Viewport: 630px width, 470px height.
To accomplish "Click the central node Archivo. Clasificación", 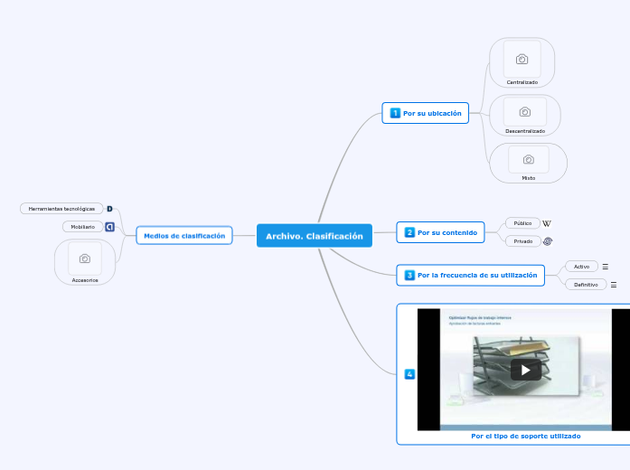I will [314, 236].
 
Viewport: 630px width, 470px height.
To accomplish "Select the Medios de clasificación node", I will [184, 236].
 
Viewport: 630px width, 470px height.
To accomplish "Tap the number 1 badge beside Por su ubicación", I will [395, 114].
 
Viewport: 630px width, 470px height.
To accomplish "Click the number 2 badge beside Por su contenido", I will [409, 233].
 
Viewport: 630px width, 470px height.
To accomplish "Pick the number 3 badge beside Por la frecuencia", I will [409, 275].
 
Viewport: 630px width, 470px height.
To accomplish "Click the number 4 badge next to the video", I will [409, 374].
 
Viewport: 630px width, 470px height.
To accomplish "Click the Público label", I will [522, 223].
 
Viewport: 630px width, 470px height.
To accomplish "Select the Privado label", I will [522, 241].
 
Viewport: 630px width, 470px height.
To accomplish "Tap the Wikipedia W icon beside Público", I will [547, 223].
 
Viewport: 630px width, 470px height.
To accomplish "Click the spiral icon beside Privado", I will [548, 241].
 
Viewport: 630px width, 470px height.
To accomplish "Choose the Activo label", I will [581, 267].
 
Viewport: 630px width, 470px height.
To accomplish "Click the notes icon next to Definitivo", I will [614, 285].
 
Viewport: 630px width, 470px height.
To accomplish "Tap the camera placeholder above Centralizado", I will [522, 60].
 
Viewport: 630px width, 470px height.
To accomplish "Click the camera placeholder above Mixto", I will [529, 160].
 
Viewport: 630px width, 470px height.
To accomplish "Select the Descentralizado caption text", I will [525, 131].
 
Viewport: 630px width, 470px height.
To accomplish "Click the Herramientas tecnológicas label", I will [61, 209].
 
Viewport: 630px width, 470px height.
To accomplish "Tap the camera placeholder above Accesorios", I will [85, 258].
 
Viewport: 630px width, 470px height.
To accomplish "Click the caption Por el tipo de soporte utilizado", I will [525, 436].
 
